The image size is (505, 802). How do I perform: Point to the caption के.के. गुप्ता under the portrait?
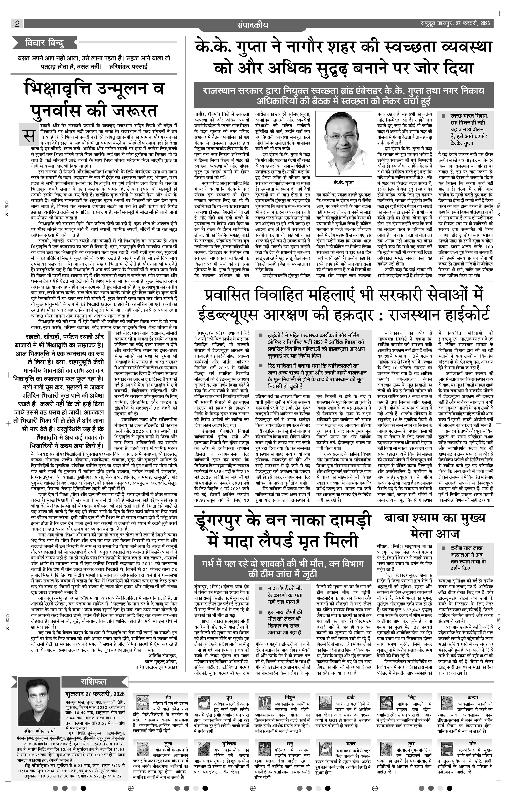(x=343, y=183)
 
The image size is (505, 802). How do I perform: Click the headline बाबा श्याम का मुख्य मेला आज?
(x=435, y=526)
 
